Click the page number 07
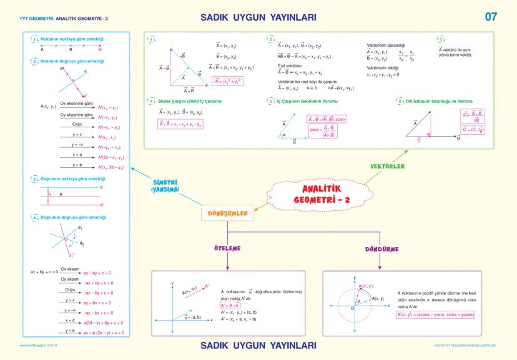(x=491, y=16)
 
